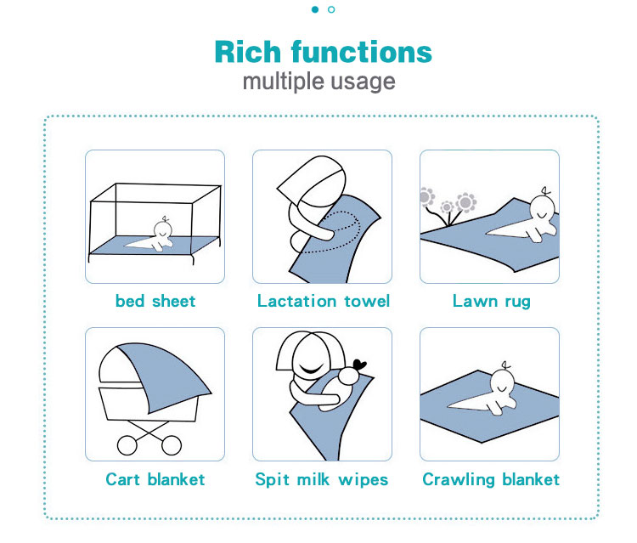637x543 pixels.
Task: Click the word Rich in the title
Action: tap(247, 52)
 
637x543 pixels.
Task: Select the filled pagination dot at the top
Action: tap(315, 9)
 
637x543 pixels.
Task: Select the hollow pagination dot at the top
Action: tap(331, 9)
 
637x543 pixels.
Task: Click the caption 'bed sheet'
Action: tap(155, 301)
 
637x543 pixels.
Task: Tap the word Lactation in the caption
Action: tap(297, 301)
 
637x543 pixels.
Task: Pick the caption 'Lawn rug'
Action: tap(492, 302)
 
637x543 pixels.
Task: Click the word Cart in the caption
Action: tap(122, 479)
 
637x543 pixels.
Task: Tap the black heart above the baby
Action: tap(359, 365)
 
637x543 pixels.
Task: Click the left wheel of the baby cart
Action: tap(127, 445)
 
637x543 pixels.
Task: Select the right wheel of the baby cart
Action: tap(172, 445)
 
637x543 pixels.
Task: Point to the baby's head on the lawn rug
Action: tap(542, 208)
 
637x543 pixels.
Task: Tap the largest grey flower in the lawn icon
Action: tap(466, 202)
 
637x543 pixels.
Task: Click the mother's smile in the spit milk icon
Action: tap(312, 370)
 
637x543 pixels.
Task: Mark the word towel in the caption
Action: tap(367, 301)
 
